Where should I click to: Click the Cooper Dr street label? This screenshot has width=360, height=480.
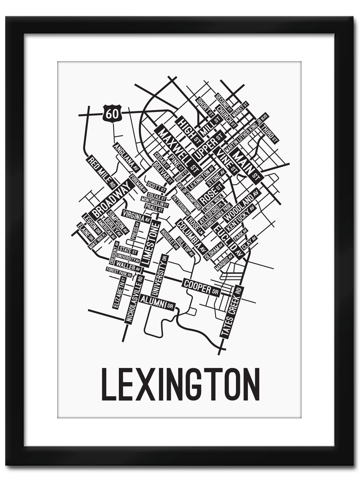[x=202, y=287]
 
